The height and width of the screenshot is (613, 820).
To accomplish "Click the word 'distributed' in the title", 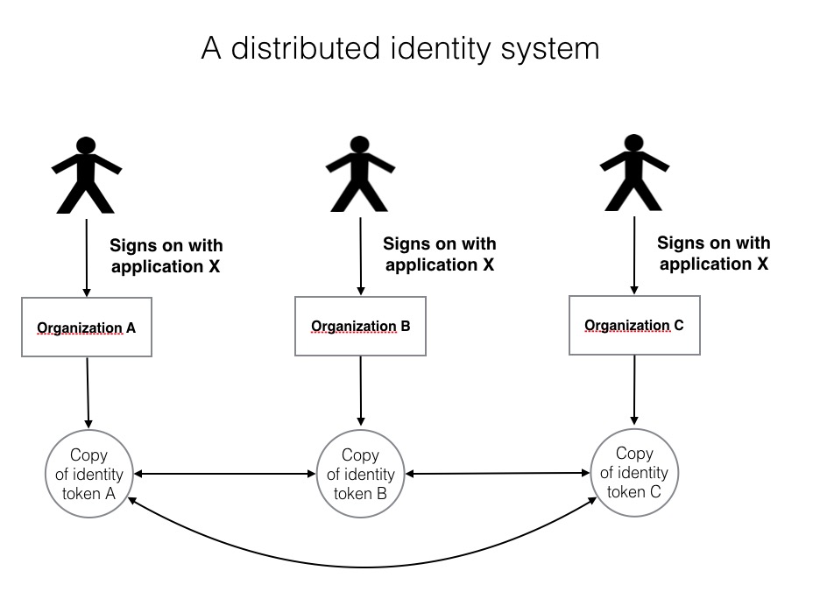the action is [306, 48].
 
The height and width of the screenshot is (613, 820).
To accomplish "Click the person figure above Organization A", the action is [86, 175].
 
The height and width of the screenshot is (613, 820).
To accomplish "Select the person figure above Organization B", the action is [360, 174].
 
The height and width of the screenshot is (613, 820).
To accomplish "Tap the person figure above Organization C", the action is [633, 173].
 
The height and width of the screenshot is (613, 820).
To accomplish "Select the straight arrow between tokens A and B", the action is [225, 474].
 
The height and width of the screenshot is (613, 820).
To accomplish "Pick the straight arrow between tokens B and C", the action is [498, 474].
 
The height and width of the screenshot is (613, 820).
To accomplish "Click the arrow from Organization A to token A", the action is [88, 393].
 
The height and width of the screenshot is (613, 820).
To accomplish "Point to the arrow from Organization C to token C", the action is [634, 390].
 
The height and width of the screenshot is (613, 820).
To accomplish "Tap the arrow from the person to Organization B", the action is [360, 256].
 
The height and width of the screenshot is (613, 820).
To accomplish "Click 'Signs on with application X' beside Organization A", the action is [166, 256].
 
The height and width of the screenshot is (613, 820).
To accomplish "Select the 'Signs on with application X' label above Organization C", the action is [714, 253].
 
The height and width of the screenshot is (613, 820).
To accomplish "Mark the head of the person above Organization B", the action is [360, 144].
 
